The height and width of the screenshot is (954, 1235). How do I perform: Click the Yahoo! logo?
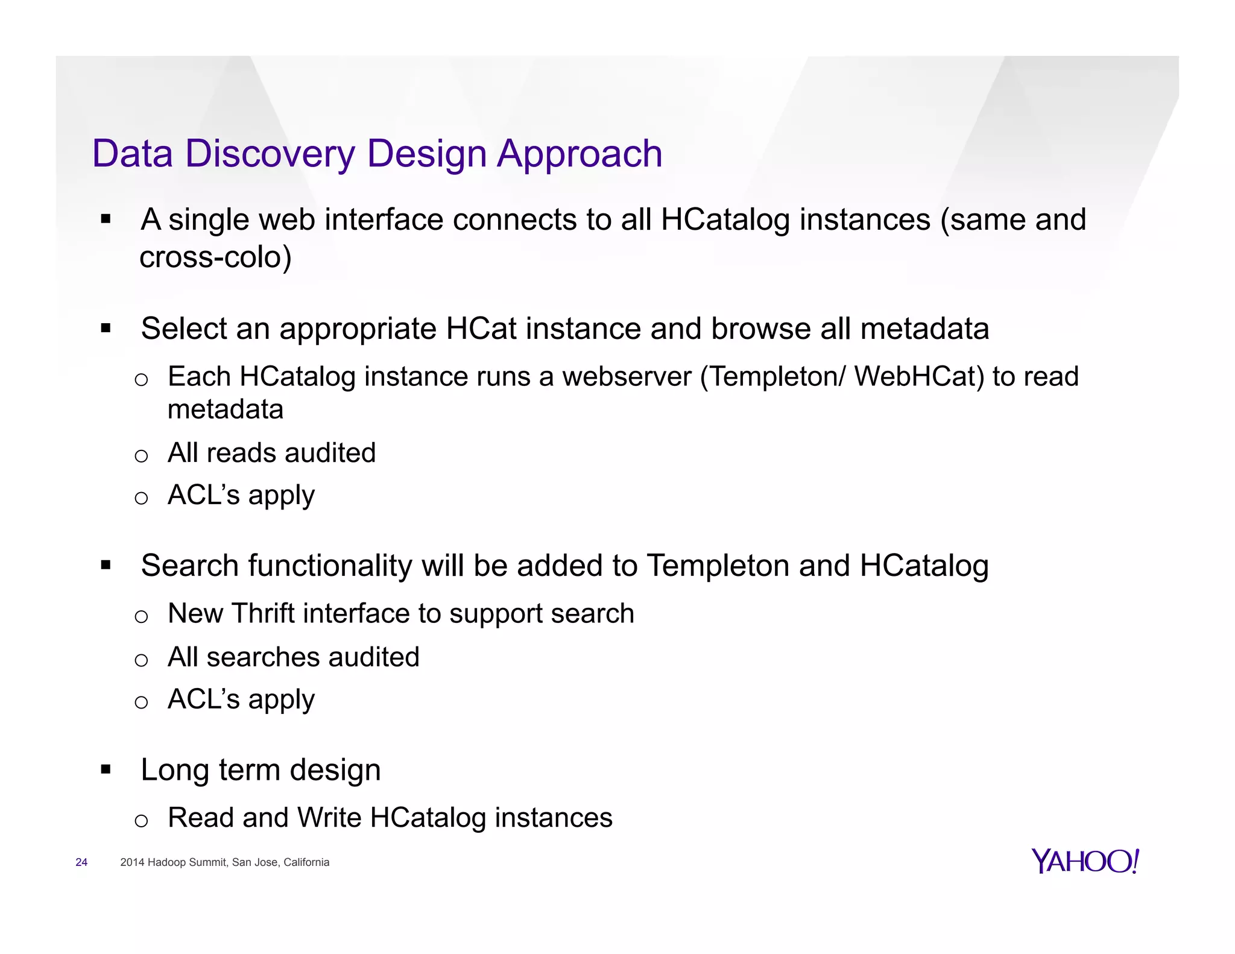[x=1085, y=861]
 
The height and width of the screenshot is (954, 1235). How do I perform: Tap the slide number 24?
[x=81, y=862]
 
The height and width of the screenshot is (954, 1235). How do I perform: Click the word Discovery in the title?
[x=270, y=154]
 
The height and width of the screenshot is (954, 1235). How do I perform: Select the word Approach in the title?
[x=580, y=154]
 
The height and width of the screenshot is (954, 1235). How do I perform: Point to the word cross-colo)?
[x=215, y=257]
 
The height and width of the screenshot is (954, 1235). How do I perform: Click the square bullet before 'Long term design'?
[x=106, y=769]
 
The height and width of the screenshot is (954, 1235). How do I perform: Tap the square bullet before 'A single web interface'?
[x=106, y=219]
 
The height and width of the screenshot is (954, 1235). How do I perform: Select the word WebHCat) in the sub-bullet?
[x=919, y=377]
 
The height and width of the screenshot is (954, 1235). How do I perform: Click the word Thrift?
[x=263, y=613]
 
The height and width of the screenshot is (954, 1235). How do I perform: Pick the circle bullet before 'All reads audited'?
[x=141, y=455]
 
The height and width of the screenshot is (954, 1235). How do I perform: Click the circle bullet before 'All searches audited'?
[x=141, y=660]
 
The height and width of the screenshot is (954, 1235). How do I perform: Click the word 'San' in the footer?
[x=241, y=862]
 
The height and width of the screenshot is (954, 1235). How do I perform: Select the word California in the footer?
[x=306, y=862]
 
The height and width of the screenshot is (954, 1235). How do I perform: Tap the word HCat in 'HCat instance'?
[x=481, y=329]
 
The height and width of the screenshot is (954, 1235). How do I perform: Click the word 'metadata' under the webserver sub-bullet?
[x=225, y=409]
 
